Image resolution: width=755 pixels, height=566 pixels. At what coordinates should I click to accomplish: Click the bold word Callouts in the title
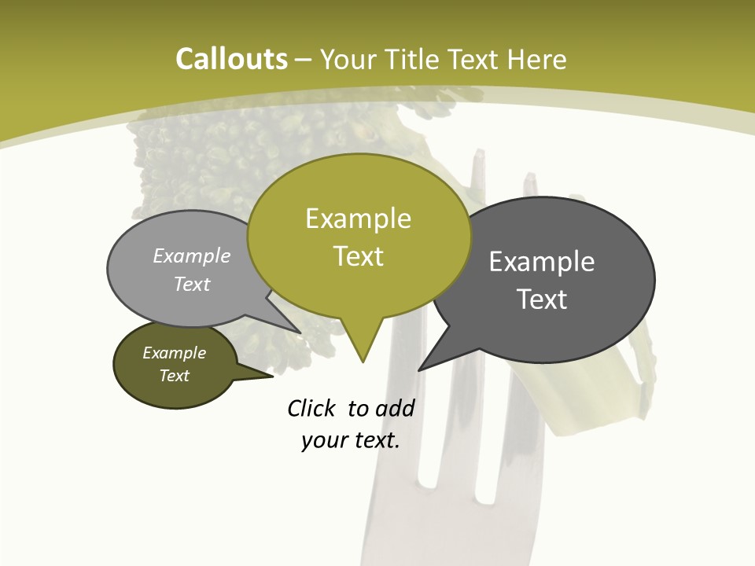(231, 59)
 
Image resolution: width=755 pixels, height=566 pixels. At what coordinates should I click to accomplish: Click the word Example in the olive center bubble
(359, 219)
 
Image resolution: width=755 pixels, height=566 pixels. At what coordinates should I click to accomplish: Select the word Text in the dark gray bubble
(542, 300)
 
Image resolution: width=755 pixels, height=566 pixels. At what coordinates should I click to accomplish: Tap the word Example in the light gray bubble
(192, 256)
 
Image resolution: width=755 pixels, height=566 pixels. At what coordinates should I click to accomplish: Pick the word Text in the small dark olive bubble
(175, 376)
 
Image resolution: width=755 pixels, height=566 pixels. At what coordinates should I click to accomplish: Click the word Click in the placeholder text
(311, 408)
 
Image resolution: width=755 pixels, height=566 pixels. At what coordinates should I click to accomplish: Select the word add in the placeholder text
(395, 408)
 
